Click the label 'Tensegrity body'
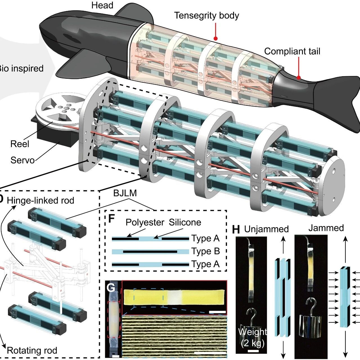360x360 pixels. click(206, 16)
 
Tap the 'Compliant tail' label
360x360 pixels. click(292, 51)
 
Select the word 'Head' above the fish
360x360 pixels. click(102, 5)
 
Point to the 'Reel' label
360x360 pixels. click(20, 144)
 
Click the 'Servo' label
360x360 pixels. click(22, 160)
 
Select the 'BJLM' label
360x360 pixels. click(125, 193)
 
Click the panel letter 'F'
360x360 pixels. click(111, 219)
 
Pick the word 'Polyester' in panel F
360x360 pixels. click(145, 222)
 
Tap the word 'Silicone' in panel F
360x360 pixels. click(185, 222)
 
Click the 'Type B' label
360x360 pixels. click(205, 251)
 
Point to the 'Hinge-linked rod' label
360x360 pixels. click(40, 201)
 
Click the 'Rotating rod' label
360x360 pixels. click(32, 350)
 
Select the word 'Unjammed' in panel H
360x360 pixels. click(266, 229)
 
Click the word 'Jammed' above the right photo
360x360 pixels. click(326, 228)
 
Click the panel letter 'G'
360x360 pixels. click(111, 287)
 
